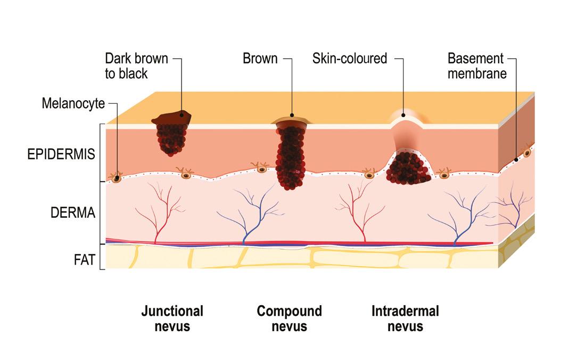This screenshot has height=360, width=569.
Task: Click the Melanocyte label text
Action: click(73, 104)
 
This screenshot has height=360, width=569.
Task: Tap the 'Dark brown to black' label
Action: click(136, 66)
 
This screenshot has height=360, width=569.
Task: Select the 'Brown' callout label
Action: click(260, 58)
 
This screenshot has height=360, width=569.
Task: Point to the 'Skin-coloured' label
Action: click(349, 58)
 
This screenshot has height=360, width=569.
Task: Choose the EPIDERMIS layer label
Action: click(61, 154)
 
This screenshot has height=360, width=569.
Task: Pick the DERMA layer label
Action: click(72, 213)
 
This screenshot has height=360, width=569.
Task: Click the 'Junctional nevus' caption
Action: click(172, 318)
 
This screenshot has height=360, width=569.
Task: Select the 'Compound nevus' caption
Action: click(289, 318)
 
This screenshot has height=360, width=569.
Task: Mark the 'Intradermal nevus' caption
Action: click(405, 318)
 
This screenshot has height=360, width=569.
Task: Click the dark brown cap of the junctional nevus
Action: click(172, 118)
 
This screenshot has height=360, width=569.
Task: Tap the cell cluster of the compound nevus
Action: click(290, 157)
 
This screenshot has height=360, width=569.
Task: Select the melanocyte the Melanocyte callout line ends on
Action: click(116, 178)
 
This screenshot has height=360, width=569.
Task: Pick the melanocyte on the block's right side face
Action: click(527, 153)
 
